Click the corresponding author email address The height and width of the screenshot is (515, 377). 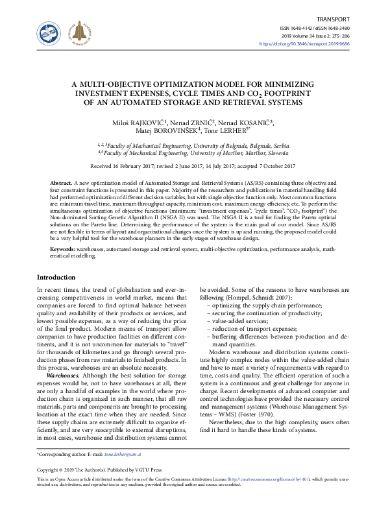123,457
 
